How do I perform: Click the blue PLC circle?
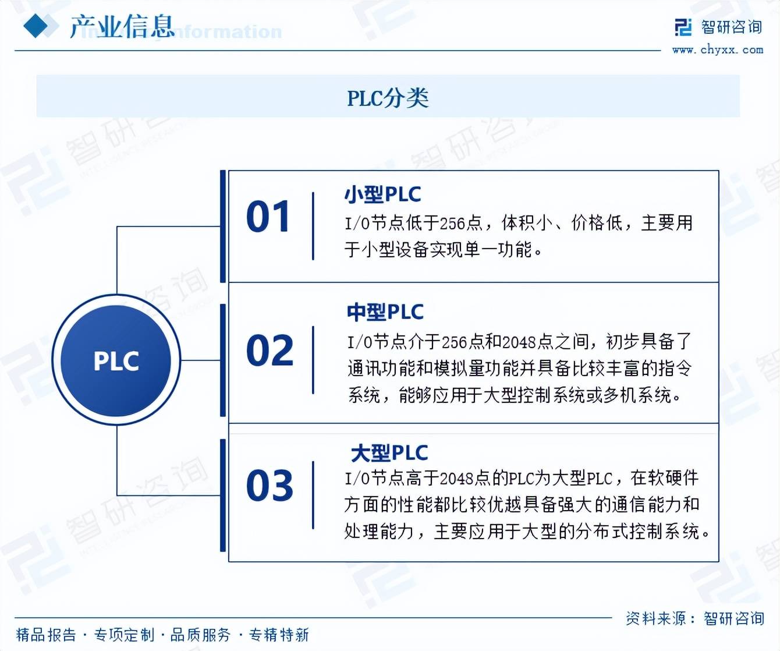pyautogui.click(x=116, y=360)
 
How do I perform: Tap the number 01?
pyautogui.click(x=268, y=216)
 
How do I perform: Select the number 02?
pyautogui.click(x=270, y=350)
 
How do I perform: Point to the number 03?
pyautogui.click(x=270, y=484)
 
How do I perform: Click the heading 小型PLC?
pyautogui.click(x=382, y=194)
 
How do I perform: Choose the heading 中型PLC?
pyautogui.click(x=385, y=312)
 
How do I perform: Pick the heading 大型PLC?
pyautogui.click(x=389, y=453)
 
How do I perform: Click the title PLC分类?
pyautogui.click(x=388, y=98)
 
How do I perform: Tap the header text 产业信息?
pyautogui.click(x=122, y=27)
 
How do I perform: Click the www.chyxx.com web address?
pyautogui.click(x=718, y=49)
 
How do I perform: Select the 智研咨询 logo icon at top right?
pyautogui.click(x=683, y=27)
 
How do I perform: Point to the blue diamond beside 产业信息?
pyautogui.click(x=36, y=26)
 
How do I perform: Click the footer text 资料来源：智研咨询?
pyautogui.click(x=695, y=618)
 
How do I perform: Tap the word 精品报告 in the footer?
pyautogui.click(x=46, y=635)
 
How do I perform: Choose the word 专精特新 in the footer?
pyautogui.click(x=279, y=635)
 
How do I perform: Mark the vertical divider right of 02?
pyautogui.click(x=313, y=360)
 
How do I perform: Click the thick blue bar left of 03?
pyautogui.click(x=223, y=495)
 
